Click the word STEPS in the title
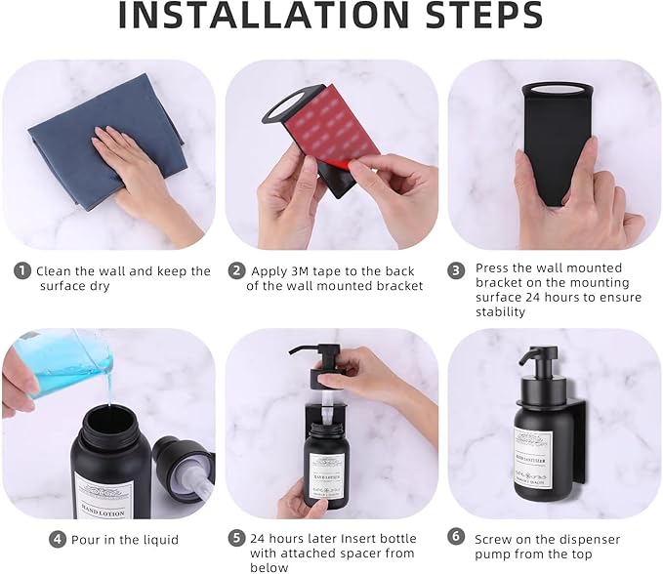tap(477, 17)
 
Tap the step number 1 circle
tap(21, 271)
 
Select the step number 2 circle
tap(236, 271)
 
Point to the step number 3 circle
tap(455, 268)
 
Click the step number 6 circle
tap(455, 537)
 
